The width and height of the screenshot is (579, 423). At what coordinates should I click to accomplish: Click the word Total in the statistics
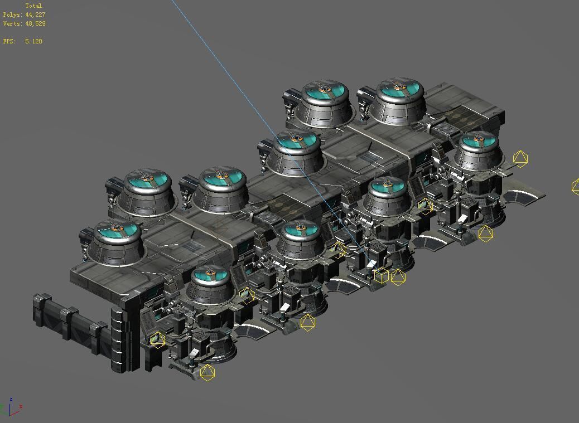tap(33, 6)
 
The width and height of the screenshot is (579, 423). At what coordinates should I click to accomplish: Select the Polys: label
tap(12, 14)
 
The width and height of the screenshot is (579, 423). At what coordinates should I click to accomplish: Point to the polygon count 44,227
tap(35, 14)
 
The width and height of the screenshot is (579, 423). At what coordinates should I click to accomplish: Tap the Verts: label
tap(12, 23)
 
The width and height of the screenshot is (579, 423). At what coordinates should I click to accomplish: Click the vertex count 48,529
tap(35, 23)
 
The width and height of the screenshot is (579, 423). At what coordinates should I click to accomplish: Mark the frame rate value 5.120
tap(33, 41)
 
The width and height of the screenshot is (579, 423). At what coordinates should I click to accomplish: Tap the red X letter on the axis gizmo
tap(21, 407)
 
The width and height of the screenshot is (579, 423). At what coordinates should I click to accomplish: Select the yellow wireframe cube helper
tap(381, 275)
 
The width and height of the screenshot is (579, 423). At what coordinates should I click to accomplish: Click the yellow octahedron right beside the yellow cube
tap(398, 276)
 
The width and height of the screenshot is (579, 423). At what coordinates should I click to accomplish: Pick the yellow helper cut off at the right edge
tap(575, 186)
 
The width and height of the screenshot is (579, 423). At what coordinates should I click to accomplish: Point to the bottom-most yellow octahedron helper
tap(207, 372)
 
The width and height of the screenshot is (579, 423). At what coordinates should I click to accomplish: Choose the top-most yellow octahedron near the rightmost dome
tap(520, 159)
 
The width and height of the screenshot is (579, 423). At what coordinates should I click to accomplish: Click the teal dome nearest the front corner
tap(210, 276)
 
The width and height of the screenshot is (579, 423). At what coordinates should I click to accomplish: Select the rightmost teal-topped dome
tap(478, 143)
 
